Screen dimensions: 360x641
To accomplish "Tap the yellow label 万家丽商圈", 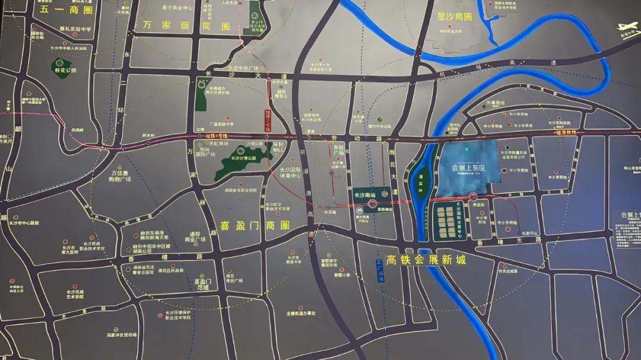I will (x=186, y=26).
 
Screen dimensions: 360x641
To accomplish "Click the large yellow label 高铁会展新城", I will (x=425, y=260).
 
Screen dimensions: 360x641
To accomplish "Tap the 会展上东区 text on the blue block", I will (x=469, y=168).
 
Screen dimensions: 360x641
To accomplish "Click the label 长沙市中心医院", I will (x=24, y=224).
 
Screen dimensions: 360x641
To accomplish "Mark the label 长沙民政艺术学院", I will (x=75, y=295).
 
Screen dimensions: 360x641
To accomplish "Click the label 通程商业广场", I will (x=195, y=236).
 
